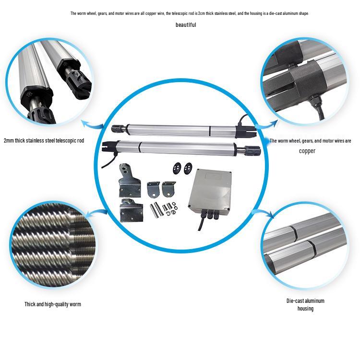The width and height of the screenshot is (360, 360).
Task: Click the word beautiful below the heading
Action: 186,25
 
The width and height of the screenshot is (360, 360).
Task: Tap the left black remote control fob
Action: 177,168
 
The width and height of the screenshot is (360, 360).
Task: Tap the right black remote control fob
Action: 188,168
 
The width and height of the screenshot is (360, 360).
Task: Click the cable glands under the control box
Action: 209,215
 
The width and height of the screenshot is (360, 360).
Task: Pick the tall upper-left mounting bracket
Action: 129,180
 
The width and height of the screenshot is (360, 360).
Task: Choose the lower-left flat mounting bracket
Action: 132,210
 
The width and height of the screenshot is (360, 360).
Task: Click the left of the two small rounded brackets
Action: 154,189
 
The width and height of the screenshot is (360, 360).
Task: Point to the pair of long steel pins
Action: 156,209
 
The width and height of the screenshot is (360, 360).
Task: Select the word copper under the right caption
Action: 307,151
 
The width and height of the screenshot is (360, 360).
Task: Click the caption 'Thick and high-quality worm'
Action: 53,304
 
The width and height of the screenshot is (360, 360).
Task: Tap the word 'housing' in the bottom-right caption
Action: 305,308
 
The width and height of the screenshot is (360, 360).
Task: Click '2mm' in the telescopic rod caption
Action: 9,141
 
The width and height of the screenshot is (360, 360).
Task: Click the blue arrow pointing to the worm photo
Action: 96,213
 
